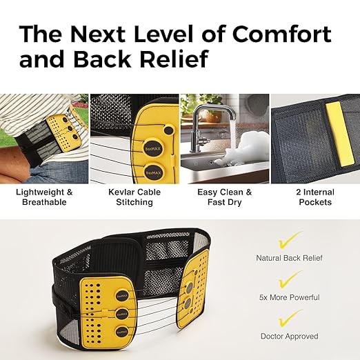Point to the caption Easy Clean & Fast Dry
(x=225, y=197)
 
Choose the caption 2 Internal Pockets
(x=315, y=197)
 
